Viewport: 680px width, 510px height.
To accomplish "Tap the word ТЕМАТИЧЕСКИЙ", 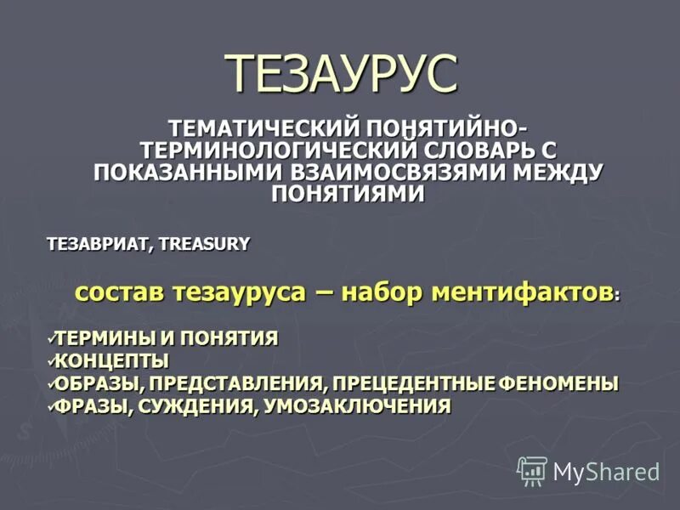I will click(x=264, y=129).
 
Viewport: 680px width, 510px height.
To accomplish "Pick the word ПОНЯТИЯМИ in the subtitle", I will click(x=347, y=193).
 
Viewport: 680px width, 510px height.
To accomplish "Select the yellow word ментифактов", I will click(x=522, y=292).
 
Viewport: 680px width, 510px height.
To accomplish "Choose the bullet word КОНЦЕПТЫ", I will click(x=111, y=360).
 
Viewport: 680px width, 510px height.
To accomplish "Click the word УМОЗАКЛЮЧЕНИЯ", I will click(x=357, y=406).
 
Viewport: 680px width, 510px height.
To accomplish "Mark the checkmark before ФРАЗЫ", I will click(x=52, y=405).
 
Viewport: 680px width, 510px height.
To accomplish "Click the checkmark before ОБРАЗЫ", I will click(x=52, y=382).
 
